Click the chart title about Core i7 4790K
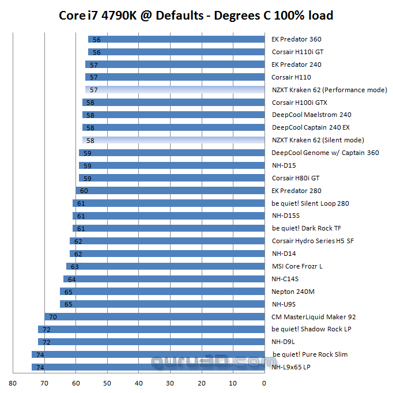[x=196, y=15]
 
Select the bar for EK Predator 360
[x=176, y=40]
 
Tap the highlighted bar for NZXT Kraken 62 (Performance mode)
[x=175, y=90]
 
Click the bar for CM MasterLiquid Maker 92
[x=154, y=316]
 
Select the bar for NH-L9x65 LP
[x=148, y=367]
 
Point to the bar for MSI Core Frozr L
[x=165, y=266]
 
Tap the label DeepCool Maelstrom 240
[x=311, y=115]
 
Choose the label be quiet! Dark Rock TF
[x=306, y=228]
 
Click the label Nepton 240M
[x=290, y=292]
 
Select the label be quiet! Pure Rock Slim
[x=310, y=354]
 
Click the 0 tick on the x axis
[x=263, y=382]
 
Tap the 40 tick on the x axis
[x=138, y=382]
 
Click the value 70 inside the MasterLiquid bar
[x=52, y=317]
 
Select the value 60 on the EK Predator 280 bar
[x=84, y=191]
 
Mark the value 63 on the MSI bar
[x=74, y=266]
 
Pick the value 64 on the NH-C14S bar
[x=71, y=279]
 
